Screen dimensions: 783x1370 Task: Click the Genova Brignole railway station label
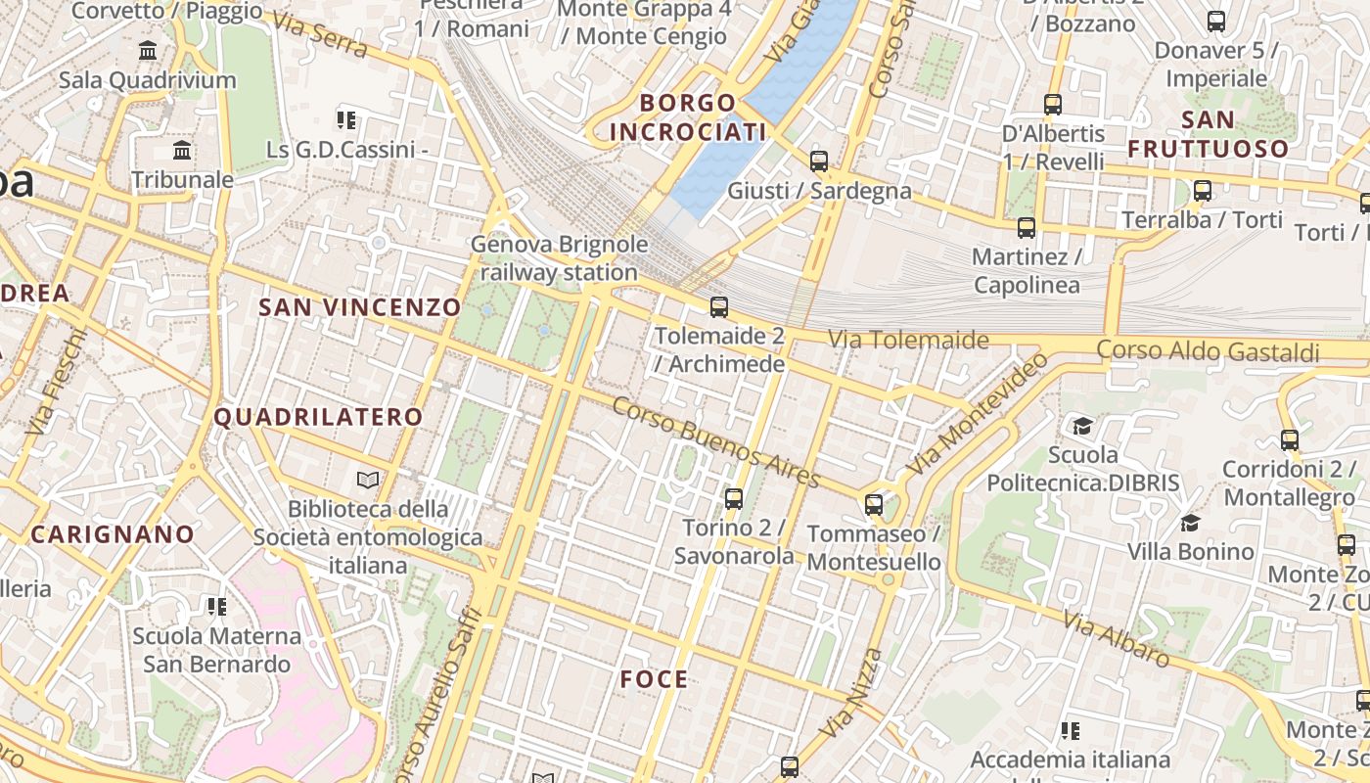[559, 258]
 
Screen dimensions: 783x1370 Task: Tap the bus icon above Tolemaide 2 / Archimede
[719, 307]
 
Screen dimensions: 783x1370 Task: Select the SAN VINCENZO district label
[359, 307]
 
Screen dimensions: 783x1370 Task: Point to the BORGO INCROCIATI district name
[687, 117]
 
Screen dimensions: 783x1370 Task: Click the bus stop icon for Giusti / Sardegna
[819, 161]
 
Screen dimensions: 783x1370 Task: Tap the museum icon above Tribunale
[182, 151]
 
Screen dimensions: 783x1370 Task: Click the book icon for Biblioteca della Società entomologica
[368, 480]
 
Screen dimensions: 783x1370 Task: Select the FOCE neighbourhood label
[654, 679]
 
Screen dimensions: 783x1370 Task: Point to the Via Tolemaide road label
[909, 340]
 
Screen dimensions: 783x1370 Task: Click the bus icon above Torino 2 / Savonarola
[734, 499]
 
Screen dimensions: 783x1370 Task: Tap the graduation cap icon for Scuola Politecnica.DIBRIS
[1082, 426]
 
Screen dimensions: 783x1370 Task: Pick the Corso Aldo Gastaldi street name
[1208, 350]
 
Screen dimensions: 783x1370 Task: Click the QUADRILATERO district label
[318, 417]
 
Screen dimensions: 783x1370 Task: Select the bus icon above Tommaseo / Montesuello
[874, 505]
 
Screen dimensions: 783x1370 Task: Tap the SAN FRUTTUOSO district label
[1209, 134]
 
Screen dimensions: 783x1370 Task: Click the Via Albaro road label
[1116, 639]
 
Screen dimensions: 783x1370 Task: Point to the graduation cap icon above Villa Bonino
[1190, 523]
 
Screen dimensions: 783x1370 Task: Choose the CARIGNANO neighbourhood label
[113, 534]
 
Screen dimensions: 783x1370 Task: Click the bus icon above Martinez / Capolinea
[1027, 228]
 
